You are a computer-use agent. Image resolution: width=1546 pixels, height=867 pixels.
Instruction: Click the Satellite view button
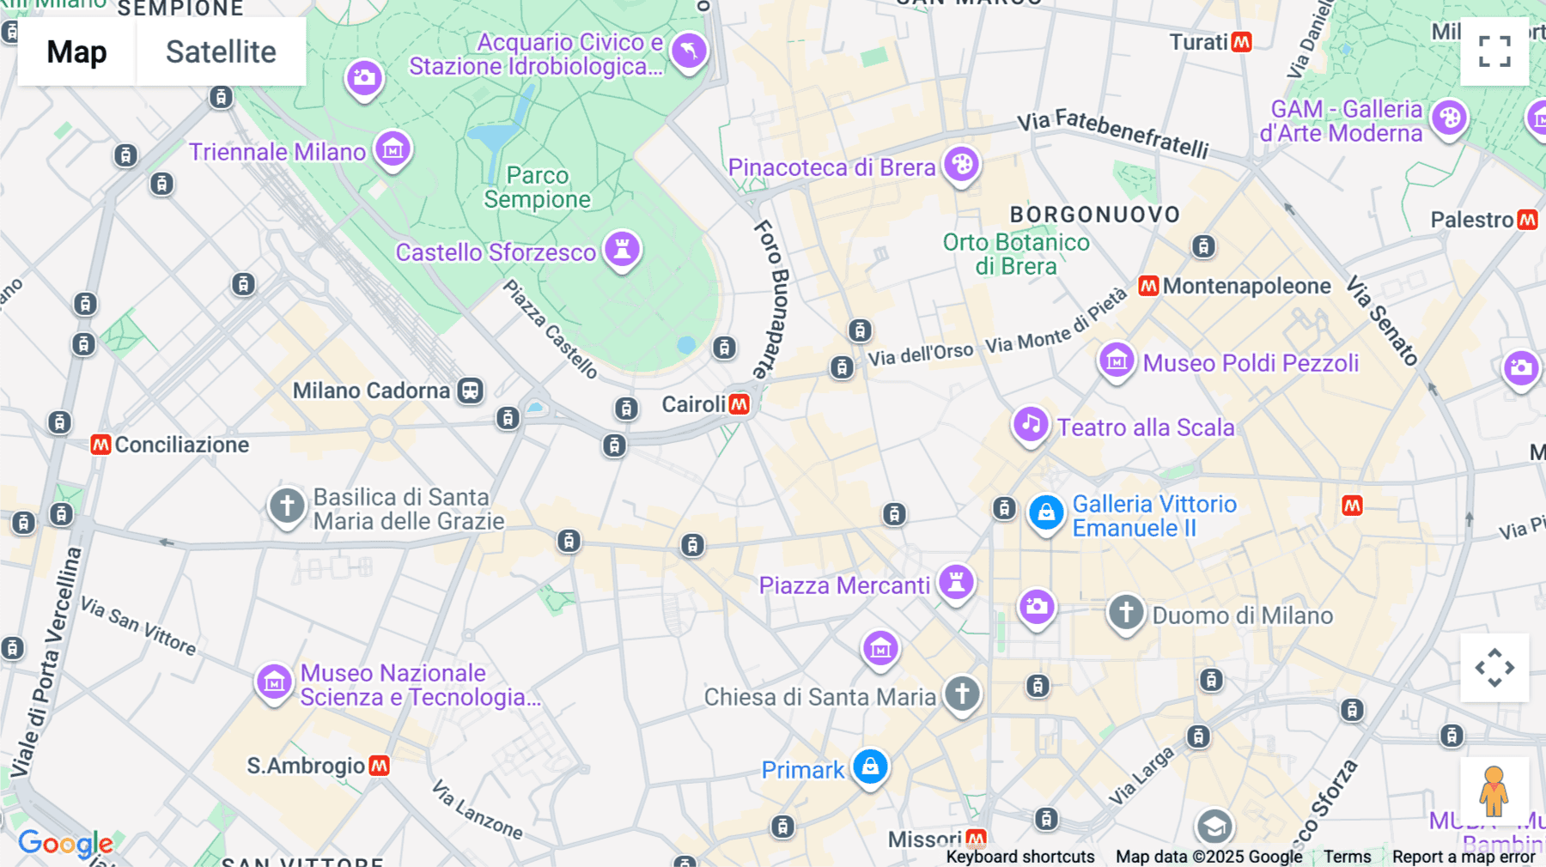(221, 52)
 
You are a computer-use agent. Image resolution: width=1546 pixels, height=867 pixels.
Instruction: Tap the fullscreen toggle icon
(1494, 52)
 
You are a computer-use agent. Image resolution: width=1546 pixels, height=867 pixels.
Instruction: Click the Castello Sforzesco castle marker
(622, 249)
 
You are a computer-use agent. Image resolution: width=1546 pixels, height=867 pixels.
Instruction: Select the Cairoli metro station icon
(739, 404)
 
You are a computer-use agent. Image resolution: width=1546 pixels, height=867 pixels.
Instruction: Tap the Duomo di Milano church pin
(1125, 613)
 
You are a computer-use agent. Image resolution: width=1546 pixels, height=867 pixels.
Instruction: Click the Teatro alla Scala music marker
(1031, 424)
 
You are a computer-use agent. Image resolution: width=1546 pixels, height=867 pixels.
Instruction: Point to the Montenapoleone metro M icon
(1148, 286)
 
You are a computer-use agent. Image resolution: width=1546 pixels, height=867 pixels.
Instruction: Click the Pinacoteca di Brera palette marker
(961, 163)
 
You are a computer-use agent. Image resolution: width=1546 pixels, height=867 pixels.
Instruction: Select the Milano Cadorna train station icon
(470, 391)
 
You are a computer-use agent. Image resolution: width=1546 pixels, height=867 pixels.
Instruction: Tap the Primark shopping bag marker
(870, 766)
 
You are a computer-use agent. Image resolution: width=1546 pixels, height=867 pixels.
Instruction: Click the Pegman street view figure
(1494, 791)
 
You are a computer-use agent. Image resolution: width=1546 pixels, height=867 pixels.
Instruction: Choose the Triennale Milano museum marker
(393, 149)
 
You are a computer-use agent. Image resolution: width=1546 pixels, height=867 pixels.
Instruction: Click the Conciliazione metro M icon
(100, 445)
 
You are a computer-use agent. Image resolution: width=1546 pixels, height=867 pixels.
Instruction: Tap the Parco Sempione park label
(537, 187)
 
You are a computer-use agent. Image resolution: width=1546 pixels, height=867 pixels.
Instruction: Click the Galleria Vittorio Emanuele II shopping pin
(1046, 513)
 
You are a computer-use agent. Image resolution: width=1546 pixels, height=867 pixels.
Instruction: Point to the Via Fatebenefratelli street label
(1112, 133)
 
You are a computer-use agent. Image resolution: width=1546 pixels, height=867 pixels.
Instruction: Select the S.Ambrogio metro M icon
(379, 765)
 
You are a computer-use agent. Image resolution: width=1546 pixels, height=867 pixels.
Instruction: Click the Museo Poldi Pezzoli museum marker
(1117, 361)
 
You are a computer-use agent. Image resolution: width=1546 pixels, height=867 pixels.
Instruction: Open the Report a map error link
(1463, 857)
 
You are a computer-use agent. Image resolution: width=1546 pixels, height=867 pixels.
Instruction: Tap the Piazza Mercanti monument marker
(955, 582)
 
